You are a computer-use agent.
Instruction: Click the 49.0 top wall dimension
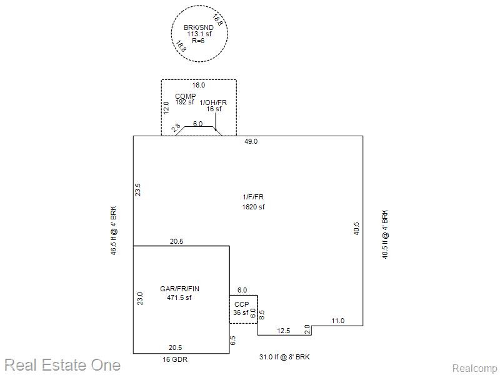[x=251, y=142]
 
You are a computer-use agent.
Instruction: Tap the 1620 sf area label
[x=253, y=207]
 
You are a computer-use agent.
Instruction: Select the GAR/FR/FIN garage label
[x=179, y=289]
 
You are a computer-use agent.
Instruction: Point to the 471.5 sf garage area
[x=179, y=297]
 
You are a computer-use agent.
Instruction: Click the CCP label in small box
[x=241, y=304]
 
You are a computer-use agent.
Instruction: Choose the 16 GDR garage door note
[x=175, y=360]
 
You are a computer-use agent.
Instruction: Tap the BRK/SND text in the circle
[x=199, y=27]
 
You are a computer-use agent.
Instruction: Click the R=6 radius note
[x=198, y=41]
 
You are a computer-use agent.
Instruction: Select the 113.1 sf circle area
[x=199, y=34]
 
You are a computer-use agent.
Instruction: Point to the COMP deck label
[x=185, y=96]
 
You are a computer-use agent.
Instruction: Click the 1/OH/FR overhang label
[x=213, y=102]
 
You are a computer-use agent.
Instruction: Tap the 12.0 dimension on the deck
[x=166, y=107]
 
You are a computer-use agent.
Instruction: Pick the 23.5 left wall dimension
[x=137, y=189]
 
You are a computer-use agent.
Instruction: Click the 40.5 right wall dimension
[x=356, y=229]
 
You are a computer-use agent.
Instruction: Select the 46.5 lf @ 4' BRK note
[x=114, y=231]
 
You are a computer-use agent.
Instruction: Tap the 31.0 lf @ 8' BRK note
[x=284, y=357]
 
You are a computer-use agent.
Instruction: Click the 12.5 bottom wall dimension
[x=284, y=331]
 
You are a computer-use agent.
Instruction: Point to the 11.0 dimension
[x=337, y=321]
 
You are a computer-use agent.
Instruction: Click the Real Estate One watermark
[x=63, y=366]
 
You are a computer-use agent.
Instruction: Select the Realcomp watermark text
[x=474, y=369]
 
